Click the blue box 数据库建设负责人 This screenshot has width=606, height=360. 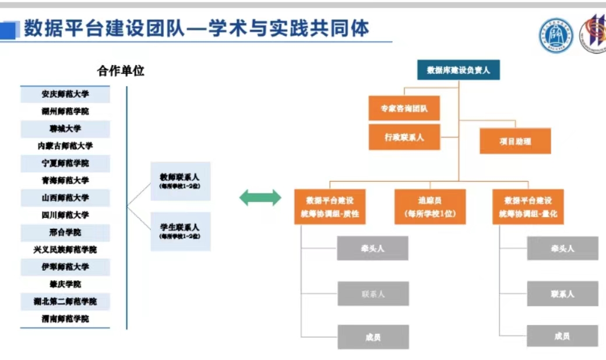click(458, 70)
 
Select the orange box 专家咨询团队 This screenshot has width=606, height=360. click(404, 108)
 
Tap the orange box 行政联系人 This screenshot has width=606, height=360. click(404, 137)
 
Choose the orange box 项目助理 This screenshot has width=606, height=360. click(515, 141)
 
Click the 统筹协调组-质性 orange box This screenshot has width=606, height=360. click(329, 207)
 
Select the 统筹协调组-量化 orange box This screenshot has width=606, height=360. click(527, 207)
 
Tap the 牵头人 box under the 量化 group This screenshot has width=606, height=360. click(562, 248)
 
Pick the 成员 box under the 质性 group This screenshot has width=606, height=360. click(373, 337)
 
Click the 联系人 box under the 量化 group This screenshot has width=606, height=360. click(562, 294)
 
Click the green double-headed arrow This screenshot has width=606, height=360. click(260, 197)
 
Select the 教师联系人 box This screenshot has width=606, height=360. click(180, 181)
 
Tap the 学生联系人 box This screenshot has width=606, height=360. click(180, 231)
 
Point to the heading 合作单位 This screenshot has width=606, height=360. click(120, 71)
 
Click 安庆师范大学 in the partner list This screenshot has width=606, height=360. click(65, 94)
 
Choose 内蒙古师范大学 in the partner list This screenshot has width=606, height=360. click(65, 146)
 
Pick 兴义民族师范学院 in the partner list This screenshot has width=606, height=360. click(65, 249)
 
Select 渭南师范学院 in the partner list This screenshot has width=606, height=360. click(65, 319)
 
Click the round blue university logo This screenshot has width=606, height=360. click(555, 35)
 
